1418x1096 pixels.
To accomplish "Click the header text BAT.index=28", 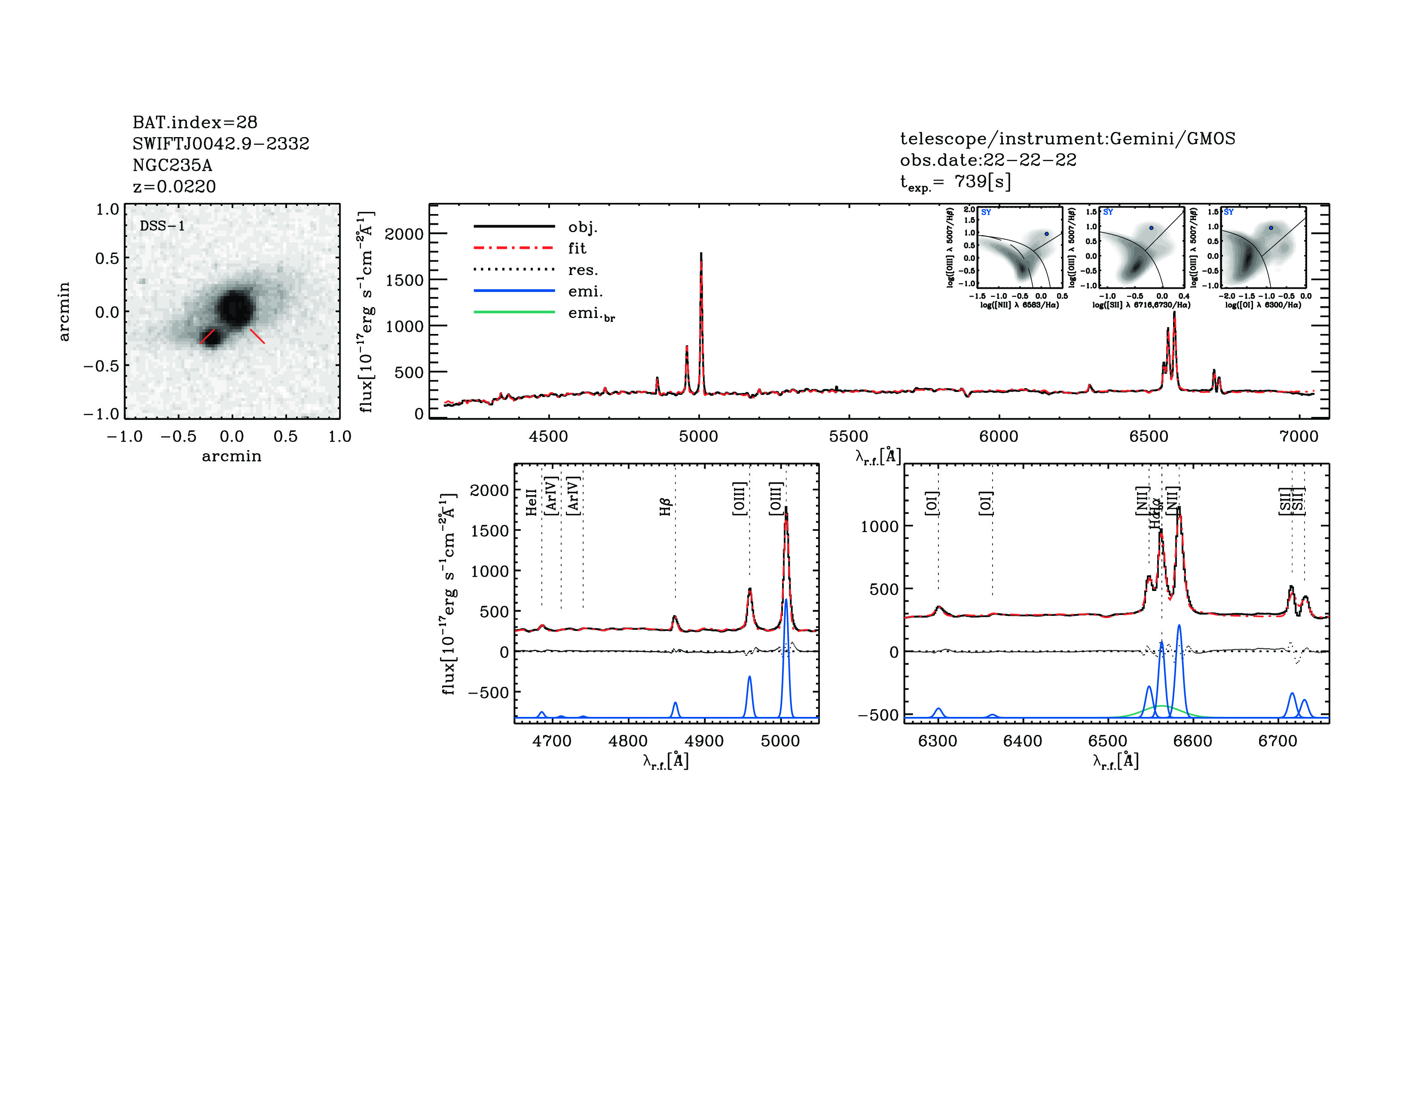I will click(x=195, y=122).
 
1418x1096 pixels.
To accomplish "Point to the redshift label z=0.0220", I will click(x=174, y=187).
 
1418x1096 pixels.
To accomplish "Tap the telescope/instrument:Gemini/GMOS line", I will click(x=1067, y=138).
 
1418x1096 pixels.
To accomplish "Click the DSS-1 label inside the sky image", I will click(x=162, y=226).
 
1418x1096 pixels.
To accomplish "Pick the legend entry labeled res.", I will click(x=582, y=270).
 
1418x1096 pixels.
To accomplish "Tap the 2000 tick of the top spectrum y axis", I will click(x=404, y=234).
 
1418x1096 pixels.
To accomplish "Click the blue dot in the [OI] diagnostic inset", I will click(x=1271, y=228).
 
